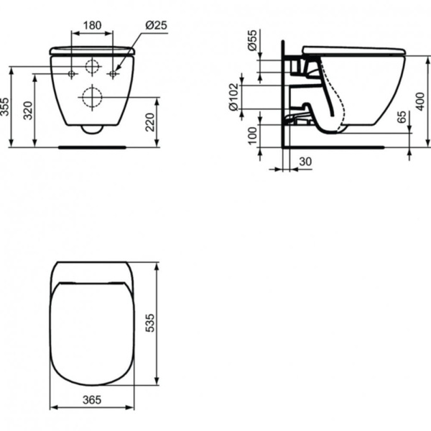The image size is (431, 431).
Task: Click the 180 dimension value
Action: coord(92,24)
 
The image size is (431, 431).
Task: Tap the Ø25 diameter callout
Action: coord(156,24)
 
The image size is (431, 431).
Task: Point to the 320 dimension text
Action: coord(27,111)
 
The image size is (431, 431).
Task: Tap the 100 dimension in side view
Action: coord(252,136)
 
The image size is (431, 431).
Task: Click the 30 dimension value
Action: coord(305,163)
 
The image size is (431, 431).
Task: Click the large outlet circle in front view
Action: coord(92,96)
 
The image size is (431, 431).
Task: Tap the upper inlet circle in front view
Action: coord(92,68)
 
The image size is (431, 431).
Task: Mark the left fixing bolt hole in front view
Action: coord(72,73)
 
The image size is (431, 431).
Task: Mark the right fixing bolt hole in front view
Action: coord(112,73)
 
